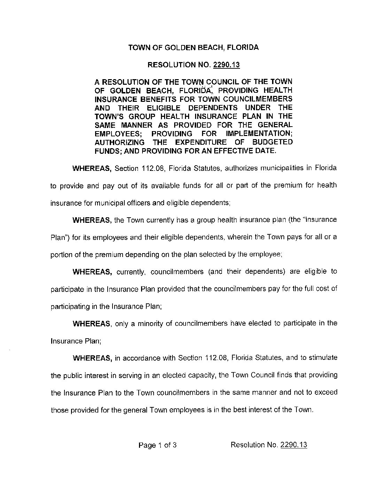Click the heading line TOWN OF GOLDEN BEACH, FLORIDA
tap(193, 47)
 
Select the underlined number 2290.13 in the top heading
tap(228, 65)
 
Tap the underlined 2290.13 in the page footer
tap(294, 445)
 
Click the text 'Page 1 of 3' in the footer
tap(158, 445)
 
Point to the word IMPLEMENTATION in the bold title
tap(260, 134)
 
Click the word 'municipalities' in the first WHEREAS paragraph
tap(274, 168)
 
